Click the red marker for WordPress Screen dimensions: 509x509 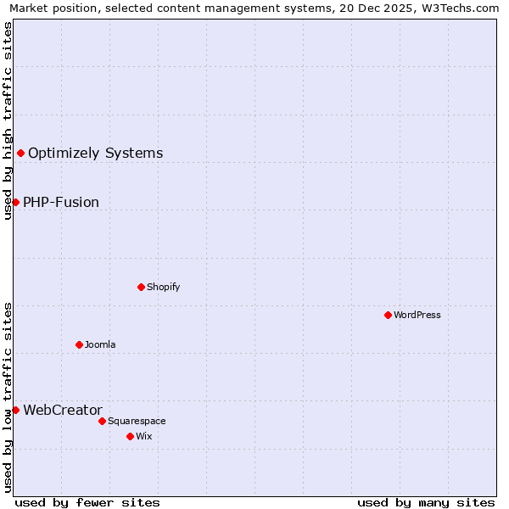point(388,315)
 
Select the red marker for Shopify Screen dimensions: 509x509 point(141,287)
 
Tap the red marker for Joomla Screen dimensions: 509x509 point(79,344)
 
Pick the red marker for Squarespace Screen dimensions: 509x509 point(102,421)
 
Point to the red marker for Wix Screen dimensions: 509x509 point(130,436)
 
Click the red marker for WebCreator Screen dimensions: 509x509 point(15,410)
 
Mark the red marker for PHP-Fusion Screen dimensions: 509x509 point(15,202)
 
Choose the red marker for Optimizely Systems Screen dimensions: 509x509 point(20,153)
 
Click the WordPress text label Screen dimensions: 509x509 point(417,315)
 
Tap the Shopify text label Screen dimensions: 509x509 point(163,287)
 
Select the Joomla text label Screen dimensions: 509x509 point(100,344)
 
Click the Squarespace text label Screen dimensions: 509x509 point(137,421)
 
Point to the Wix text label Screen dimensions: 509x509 point(143,436)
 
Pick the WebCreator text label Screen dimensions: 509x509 point(63,410)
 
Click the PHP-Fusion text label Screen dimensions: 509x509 point(61,202)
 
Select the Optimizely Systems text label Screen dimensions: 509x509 point(95,153)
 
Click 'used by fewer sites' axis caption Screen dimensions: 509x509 point(87,502)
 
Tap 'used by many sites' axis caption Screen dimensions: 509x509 point(426,502)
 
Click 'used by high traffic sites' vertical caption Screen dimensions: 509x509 point(8,120)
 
